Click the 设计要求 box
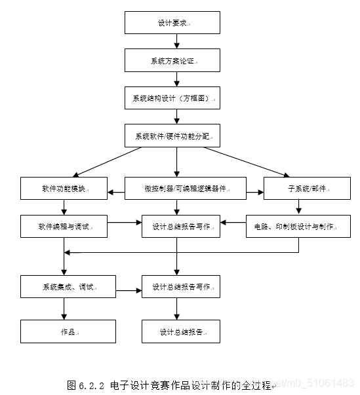(x=176, y=23)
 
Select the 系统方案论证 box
(x=176, y=60)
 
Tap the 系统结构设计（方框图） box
(x=176, y=98)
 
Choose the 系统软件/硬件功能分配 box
(x=176, y=136)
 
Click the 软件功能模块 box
(x=64, y=188)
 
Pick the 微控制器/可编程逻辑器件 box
(x=186, y=188)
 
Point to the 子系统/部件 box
(x=307, y=188)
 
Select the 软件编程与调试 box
(x=64, y=226)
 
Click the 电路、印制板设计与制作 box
(x=298, y=226)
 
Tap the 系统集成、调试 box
(x=68, y=286)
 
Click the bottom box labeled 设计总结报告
(x=181, y=331)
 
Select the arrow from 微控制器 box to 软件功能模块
(x=116, y=193)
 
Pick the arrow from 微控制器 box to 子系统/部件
(x=255, y=193)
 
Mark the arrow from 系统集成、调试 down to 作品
(x=64, y=309)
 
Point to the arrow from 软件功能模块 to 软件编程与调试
(x=64, y=207)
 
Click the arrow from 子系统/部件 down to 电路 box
(x=299, y=207)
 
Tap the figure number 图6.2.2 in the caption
(x=85, y=384)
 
